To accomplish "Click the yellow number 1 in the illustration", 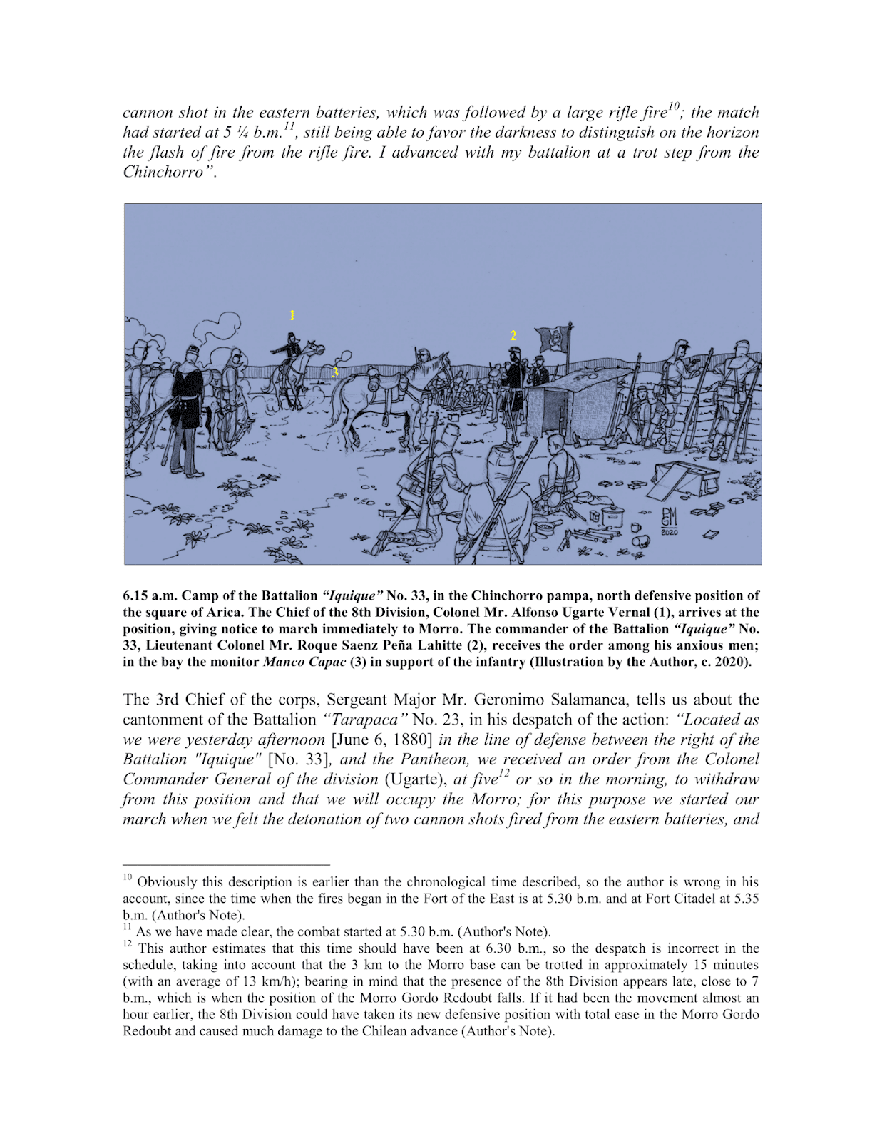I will click(292, 315).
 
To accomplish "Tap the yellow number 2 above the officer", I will click(513, 335).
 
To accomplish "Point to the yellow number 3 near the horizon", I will click(334, 372).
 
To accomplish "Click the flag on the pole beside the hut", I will click(554, 339).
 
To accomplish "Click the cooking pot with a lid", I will click(612, 515).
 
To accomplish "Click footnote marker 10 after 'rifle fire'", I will click(674, 106).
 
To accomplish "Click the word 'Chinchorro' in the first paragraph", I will click(163, 172).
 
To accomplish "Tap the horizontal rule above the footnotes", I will click(226, 864).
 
